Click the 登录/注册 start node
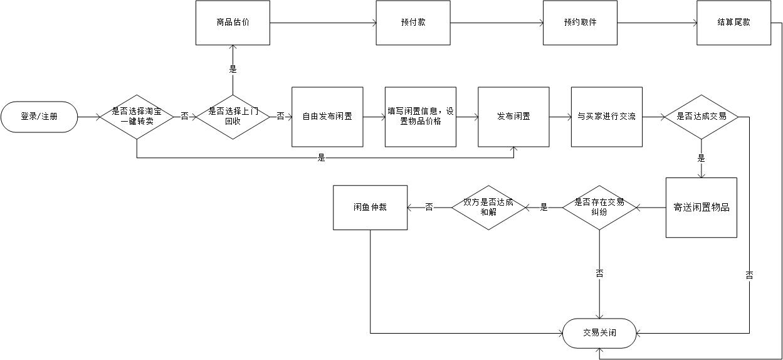pos(39,117)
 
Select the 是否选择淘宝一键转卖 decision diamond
pos(137,117)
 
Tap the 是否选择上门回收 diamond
pos(233,117)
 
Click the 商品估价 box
pos(233,23)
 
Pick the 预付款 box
pos(413,23)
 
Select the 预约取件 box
pos(580,23)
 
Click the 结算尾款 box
pos(733,23)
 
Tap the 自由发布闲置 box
pos(327,117)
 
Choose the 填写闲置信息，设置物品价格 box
pos(420,117)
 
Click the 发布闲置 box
pos(513,117)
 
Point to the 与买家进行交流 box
pos(606,117)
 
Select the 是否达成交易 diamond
pos(701,117)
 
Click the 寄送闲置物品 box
pos(701,208)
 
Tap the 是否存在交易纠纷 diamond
pos(599,208)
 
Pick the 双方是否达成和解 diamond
pos(488,208)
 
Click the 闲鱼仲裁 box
pos(370,207)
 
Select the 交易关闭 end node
pos(599,333)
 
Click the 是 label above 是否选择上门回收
pos(233,70)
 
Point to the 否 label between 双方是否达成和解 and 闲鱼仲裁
pos(429,208)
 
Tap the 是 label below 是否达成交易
pos(701,159)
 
